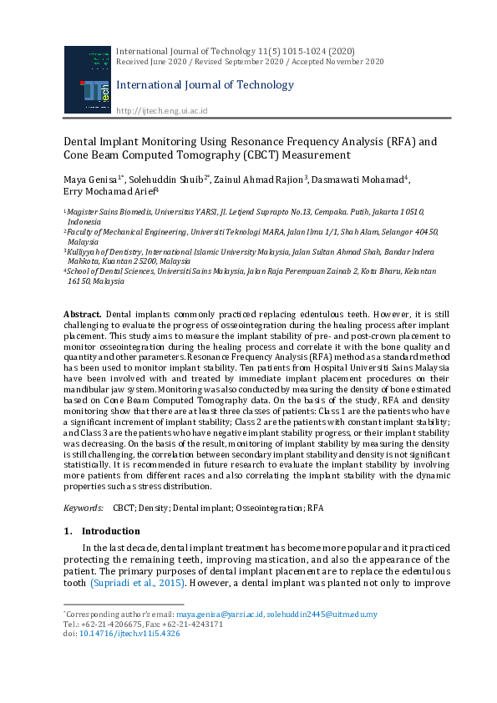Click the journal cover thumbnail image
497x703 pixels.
pos(86,80)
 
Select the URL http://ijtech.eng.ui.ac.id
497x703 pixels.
pos(161,111)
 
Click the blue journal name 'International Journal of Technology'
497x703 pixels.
pos(205,84)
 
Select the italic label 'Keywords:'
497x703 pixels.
pos(84,508)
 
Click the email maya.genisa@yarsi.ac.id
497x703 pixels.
pos(221,614)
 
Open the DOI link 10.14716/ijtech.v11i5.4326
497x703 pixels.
pos(129,634)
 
